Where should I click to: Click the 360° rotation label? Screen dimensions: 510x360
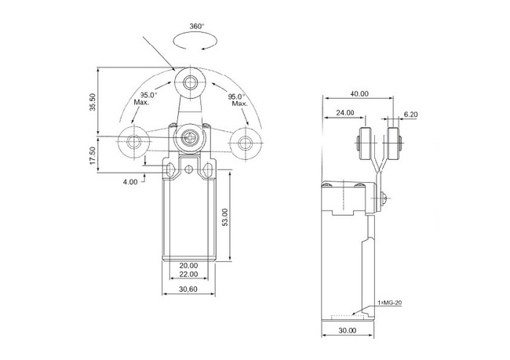click(x=196, y=27)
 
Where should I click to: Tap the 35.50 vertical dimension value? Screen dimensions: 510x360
click(x=93, y=102)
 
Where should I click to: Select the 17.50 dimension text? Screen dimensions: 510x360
click(x=93, y=155)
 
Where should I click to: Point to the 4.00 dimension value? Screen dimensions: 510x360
click(x=130, y=182)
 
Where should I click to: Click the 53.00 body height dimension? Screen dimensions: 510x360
click(x=225, y=217)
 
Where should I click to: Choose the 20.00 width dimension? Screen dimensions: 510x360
click(x=188, y=266)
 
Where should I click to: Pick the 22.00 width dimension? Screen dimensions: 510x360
click(x=188, y=275)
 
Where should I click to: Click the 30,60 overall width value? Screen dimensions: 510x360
click(x=188, y=289)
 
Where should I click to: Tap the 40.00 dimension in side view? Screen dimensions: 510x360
click(x=359, y=93)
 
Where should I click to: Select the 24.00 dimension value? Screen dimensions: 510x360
click(x=345, y=113)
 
